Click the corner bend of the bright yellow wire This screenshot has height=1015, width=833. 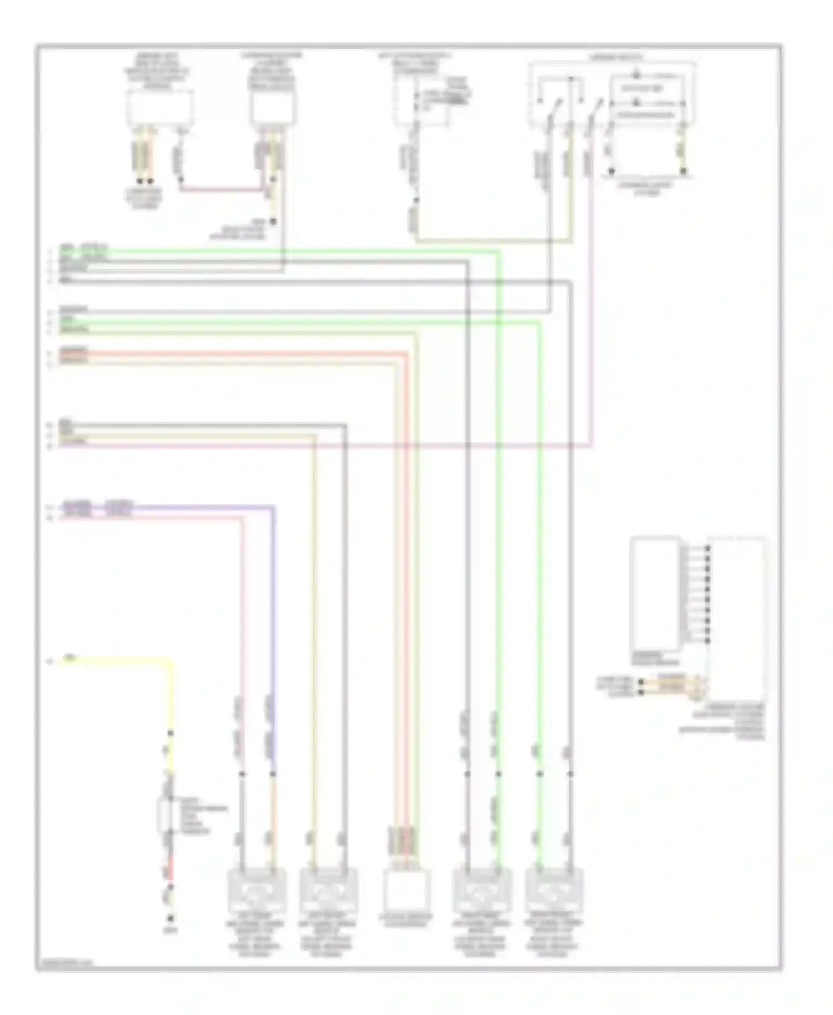pyautogui.click(x=170, y=661)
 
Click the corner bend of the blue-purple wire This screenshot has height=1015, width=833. pyautogui.click(x=273, y=507)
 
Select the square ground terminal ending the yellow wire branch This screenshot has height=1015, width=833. pyautogui.click(x=170, y=918)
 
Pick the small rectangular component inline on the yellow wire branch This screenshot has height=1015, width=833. pyautogui.click(x=165, y=815)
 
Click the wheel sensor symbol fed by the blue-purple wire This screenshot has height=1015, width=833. pyautogui.click(x=257, y=892)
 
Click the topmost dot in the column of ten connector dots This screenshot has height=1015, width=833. pyautogui.click(x=707, y=549)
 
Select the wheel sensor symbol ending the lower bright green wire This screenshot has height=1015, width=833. pyautogui.click(x=554, y=892)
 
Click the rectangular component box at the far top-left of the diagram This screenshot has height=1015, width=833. pyautogui.click(x=160, y=108)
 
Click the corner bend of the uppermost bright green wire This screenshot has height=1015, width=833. pyautogui.click(x=498, y=252)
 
